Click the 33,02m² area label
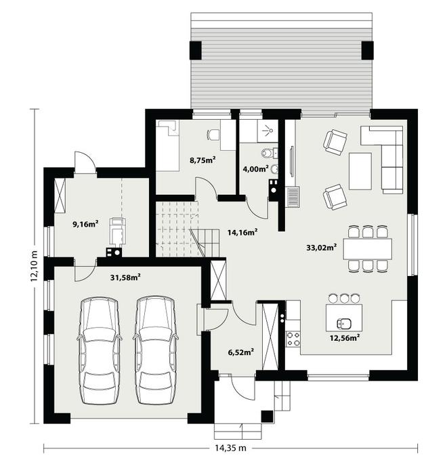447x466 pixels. coord(322,248)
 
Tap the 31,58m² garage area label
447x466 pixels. coord(125,277)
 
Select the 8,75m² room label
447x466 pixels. coord(203,160)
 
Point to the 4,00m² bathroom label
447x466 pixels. coord(256,169)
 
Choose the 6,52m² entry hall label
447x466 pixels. coord(240,352)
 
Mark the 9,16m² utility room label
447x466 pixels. coord(86,224)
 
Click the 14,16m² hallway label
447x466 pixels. coord(242,232)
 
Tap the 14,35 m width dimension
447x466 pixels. coord(231,448)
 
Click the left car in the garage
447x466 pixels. coord(99,351)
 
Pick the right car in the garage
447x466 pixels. coord(155,351)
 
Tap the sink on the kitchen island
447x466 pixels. coord(344,322)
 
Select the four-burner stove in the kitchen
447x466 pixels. coord(293,339)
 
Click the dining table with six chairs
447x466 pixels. coord(368,248)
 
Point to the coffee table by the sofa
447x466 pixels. coord(360,171)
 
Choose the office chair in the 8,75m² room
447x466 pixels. coord(212,135)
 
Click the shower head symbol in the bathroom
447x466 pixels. coord(270,129)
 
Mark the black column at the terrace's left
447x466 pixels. coord(196,50)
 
